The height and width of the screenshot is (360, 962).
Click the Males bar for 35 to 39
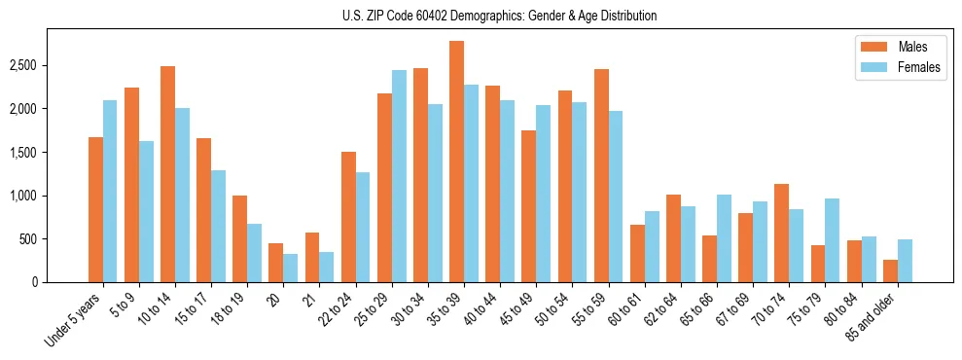pyautogui.click(x=456, y=162)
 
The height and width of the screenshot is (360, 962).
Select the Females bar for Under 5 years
pyautogui.click(x=110, y=191)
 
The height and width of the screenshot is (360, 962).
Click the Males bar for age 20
pyautogui.click(x=276, y=263)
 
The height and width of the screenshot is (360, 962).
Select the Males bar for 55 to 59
pyautogui.click(x=601, y=175)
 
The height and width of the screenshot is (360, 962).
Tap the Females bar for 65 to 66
pyautogui.click(x=724, y=238)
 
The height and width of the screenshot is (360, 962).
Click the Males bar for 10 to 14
pyautogui.click(x=167, y=174)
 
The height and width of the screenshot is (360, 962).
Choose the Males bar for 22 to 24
pyautogui.click(x=348, y=217)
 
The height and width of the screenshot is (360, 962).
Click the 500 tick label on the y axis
pyautogui.click(x=29, y=239)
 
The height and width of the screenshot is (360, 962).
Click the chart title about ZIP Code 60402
pyautogui.click(x=499, y=16)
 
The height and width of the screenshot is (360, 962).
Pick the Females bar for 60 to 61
pyautogui.click(x=652, y=246)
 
